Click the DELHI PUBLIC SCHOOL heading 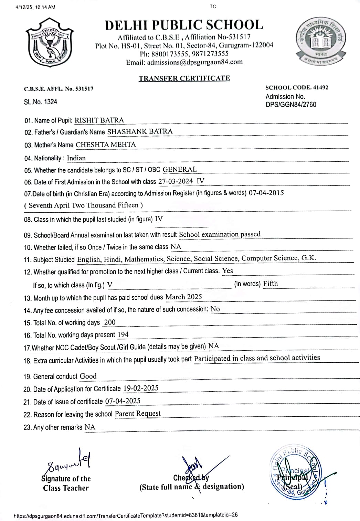(184, 25)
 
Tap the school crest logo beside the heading (49, 43)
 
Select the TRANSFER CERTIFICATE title (184, 78)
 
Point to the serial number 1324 (51, 102)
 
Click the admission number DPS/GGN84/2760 (291, 105)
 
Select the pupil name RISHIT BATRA (99, 120)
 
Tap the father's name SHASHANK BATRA (140, 131)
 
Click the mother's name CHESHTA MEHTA (106, 145)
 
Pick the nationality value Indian (76, 158)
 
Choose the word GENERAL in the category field (180, 169)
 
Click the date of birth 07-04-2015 (266, 193)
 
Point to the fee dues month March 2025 (183, 297)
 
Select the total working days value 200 (110, 322)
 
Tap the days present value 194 (123, 334)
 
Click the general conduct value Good (88, 376)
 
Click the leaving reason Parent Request (138, 413)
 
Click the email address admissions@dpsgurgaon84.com (195, 62)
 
